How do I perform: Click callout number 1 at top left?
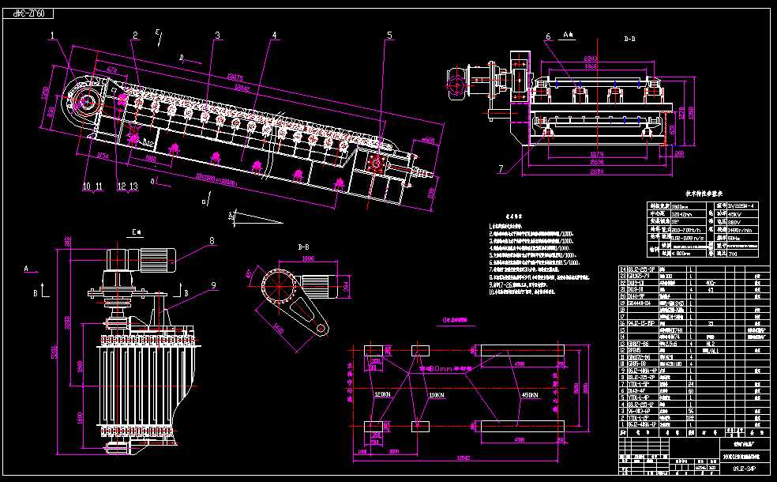click(53, 35)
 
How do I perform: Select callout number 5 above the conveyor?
click(389, 35)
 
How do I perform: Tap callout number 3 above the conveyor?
click(217, 35)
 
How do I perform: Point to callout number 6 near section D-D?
click(547, 36)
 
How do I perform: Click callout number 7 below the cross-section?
click(501, 168)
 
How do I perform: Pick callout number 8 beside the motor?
click(212, 240)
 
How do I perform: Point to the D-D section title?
click(629, 37)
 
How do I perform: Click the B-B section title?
click(303, 247)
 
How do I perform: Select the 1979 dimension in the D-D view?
click(597, 154)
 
